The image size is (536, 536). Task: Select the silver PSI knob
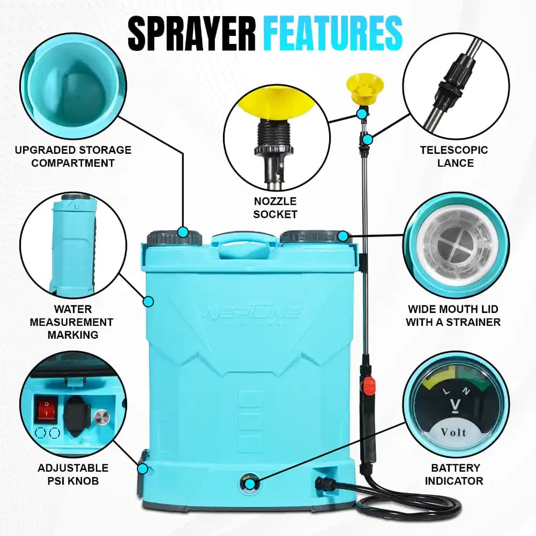(x=100, y=418)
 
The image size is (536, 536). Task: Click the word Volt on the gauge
(x=453, y=432)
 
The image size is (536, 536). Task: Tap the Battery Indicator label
(x=454, y=474)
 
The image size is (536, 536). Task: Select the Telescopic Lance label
(x=454, y=156)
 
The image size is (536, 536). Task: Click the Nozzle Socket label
(x=276, y=207)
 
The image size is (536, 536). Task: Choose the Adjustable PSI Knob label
(x=73, y=474)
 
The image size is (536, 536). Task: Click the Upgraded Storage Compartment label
(x=73, y=156)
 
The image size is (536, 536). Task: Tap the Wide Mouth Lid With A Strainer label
(x=453, y=316)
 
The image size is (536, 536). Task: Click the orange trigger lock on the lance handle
(x=369, y=384)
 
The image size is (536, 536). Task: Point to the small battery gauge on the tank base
(x=249, y=482)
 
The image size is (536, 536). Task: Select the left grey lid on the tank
(x=175, y=237)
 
